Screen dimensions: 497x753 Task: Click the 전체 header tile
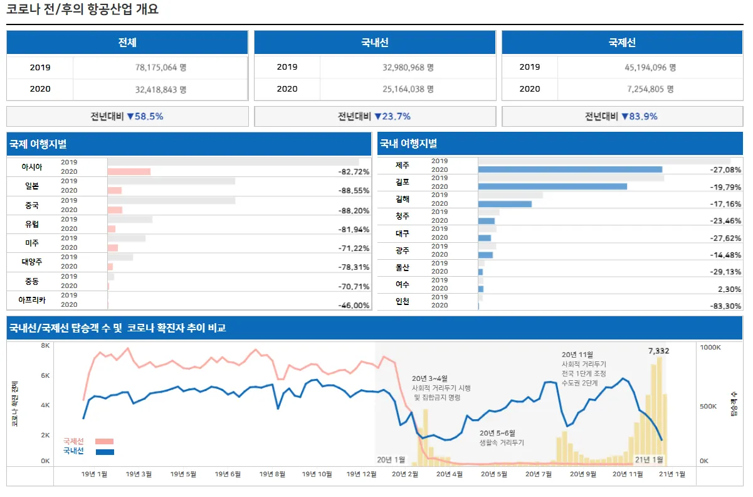pos(127,43)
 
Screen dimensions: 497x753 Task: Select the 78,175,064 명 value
pos(161,67)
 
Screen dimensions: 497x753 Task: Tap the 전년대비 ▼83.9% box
pos(621,116)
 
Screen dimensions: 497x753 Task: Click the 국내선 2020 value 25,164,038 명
pos(408,89)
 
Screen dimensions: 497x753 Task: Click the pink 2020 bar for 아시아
pos(129,171)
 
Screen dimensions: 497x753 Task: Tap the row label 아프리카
pos(32,300)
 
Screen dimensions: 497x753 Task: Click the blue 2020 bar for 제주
pos(570,169)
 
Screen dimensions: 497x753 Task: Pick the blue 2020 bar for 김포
pos(552,186)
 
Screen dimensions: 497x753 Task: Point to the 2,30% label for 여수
pos(729,289)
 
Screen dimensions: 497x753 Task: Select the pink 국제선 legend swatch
pos(105,441)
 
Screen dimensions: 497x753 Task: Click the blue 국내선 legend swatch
pos(105,451)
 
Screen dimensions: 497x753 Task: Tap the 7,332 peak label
pos(658,351)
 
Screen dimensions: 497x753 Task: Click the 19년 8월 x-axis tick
pos(272,474)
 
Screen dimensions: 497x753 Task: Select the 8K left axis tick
pos(45,346)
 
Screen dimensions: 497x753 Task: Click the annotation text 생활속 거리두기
pos(502,442)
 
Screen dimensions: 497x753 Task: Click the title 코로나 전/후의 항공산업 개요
pos(82,9)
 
